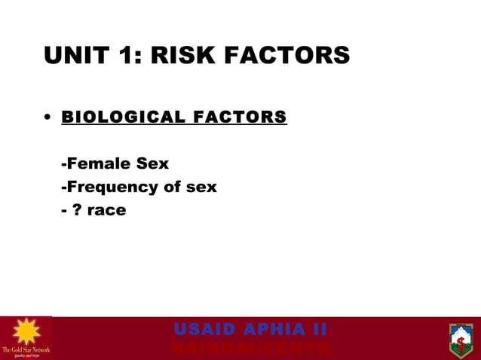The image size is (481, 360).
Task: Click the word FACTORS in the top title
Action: [295, 55]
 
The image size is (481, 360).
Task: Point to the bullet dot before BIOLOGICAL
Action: [47, 118]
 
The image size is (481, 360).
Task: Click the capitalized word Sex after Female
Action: [152, 163]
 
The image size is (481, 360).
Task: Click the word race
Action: [106, 211]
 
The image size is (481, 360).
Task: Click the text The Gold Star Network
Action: [26, 349]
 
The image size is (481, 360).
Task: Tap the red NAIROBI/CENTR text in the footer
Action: [250, 349]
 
